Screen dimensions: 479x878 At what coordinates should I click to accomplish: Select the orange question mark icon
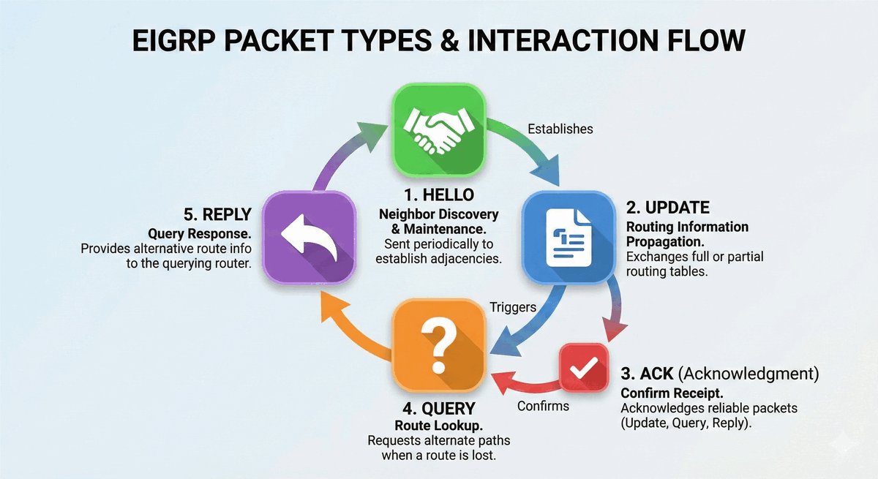click(439, 347)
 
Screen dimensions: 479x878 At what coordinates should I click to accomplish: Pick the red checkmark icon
click(584, 369)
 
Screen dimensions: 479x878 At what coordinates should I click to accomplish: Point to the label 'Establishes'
click(560, 129)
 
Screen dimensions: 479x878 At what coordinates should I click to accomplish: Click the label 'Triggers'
click(511, 308)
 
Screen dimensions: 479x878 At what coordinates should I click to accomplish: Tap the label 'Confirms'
click(543, 405)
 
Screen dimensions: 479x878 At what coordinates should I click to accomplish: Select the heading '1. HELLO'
click(438, 196)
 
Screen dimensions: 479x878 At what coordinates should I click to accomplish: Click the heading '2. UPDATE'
click(668, 207)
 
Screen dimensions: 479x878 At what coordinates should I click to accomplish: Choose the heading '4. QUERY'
click(438, 408)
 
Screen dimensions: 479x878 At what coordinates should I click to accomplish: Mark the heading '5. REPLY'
click(217, 215)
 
